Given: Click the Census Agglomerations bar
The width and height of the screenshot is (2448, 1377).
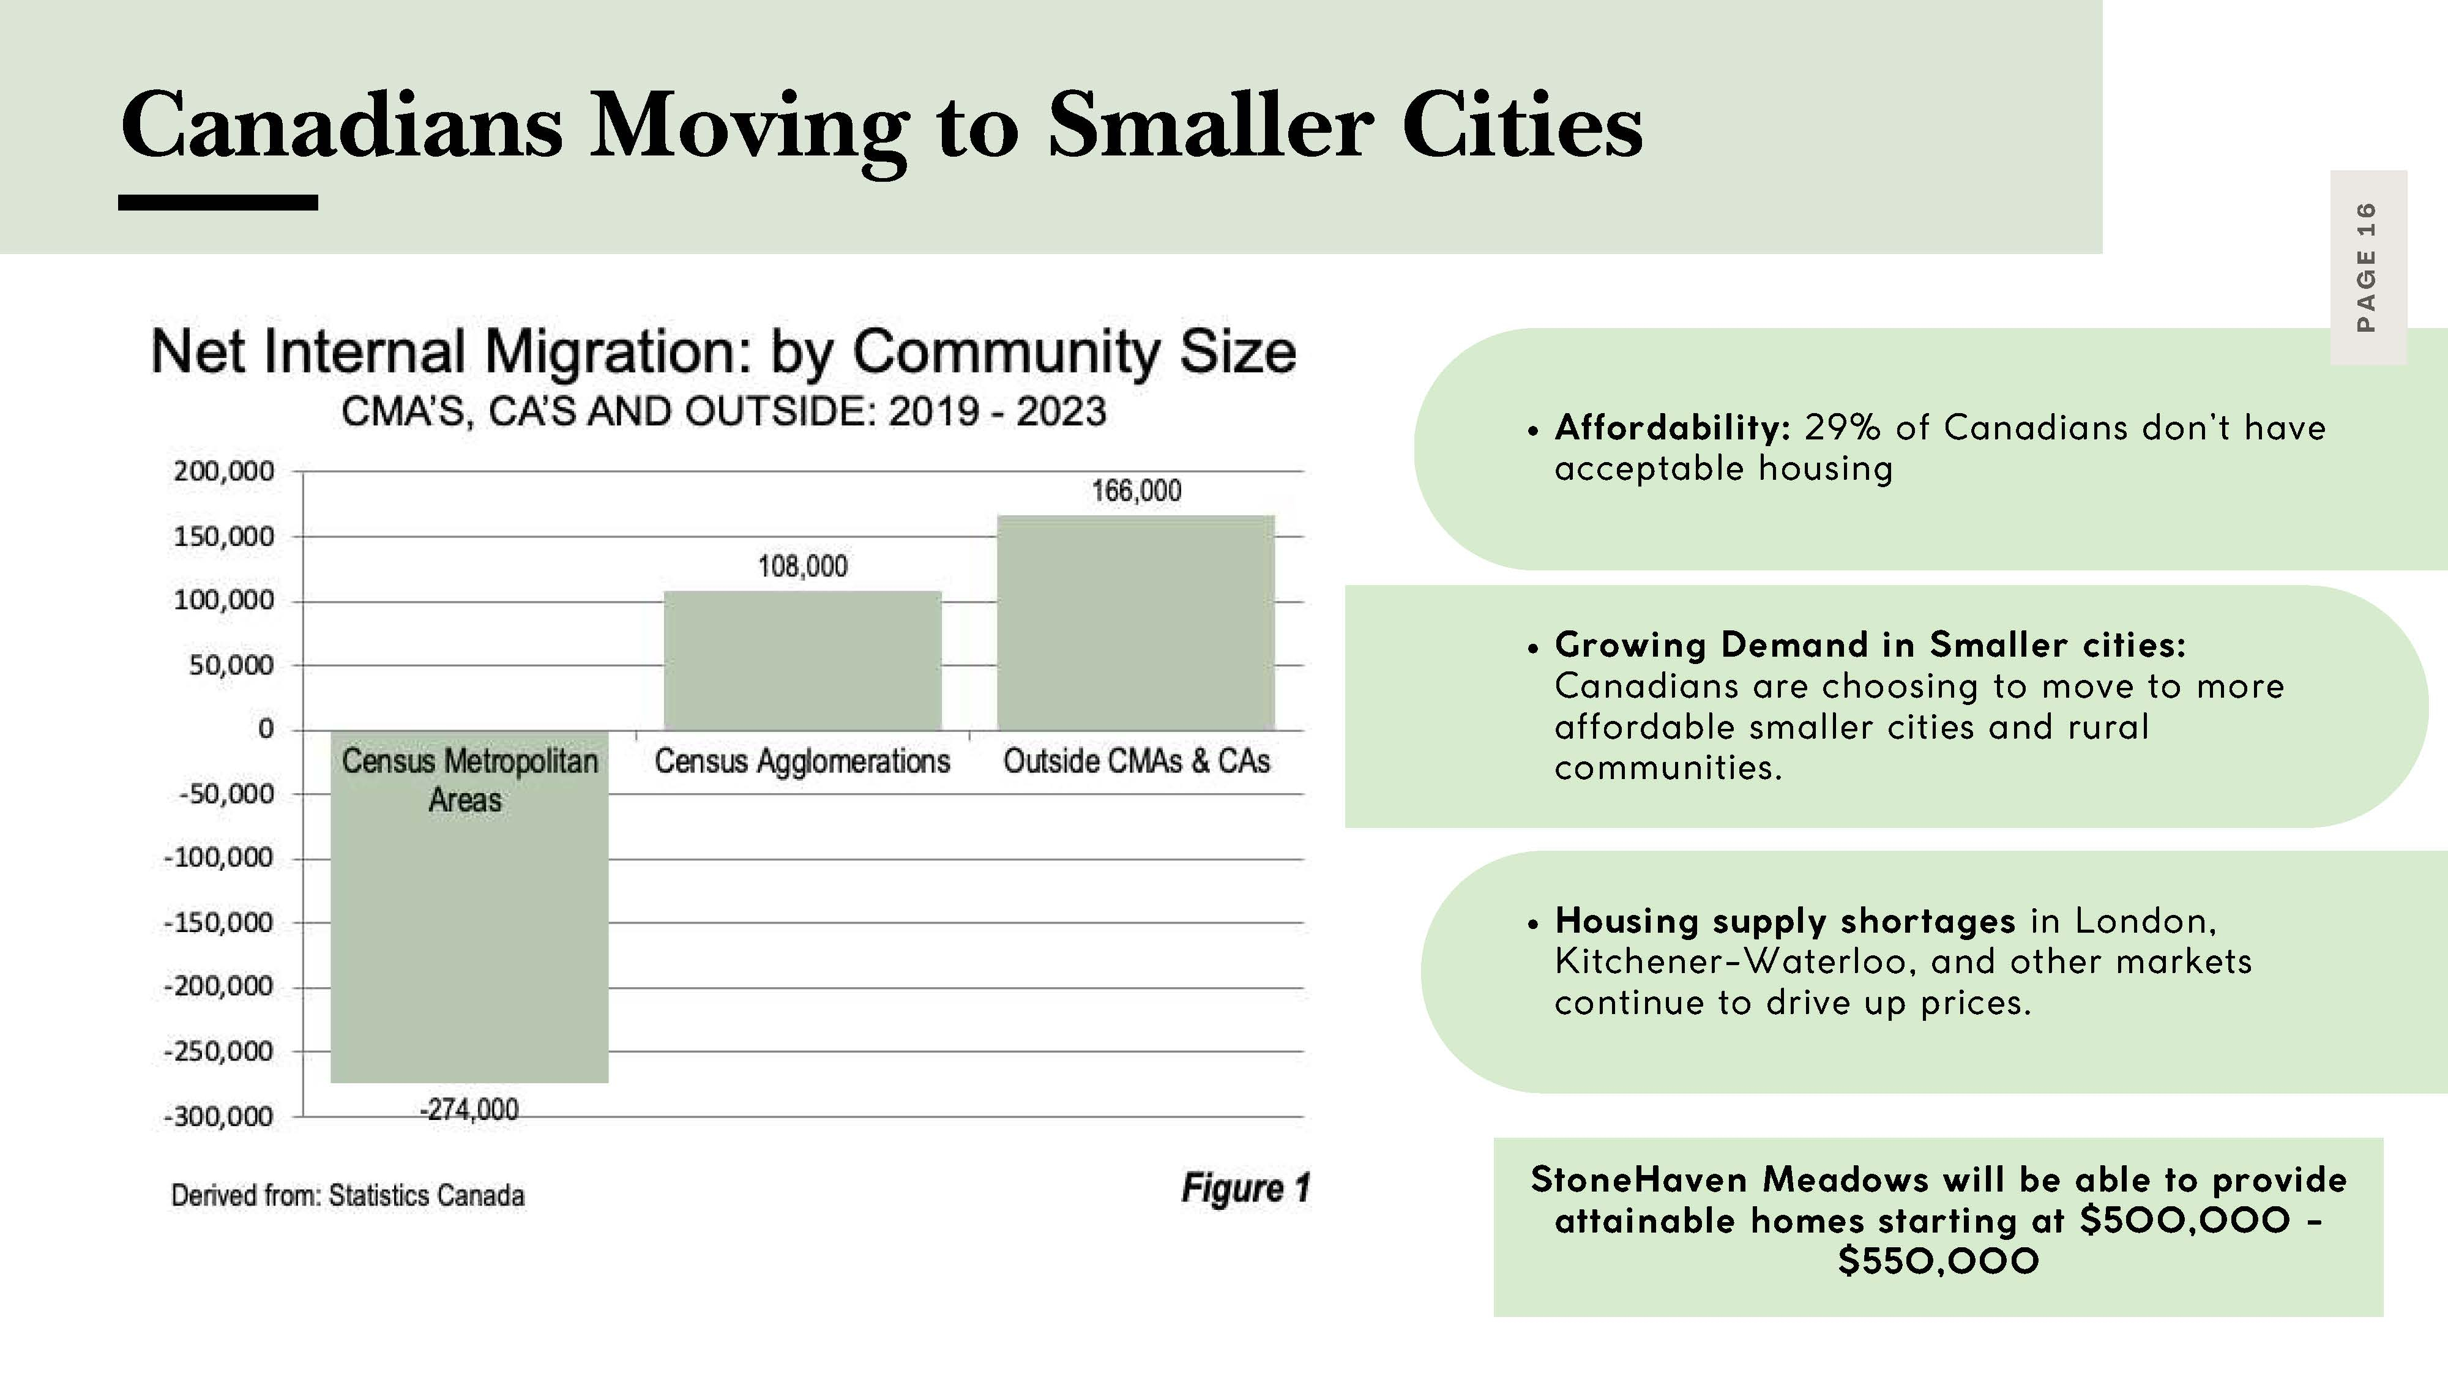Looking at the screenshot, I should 802,660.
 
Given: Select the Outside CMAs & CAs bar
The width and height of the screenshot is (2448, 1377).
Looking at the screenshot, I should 1136,622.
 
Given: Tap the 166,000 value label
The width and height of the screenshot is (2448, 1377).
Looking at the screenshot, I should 1136,491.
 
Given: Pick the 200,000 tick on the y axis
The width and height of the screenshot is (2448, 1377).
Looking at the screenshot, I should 223,471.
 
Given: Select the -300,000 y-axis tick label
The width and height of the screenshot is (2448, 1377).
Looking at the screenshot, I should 218,1117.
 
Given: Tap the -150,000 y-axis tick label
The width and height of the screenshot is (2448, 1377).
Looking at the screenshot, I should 218,923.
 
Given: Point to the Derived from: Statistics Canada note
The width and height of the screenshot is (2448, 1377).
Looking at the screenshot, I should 348,1195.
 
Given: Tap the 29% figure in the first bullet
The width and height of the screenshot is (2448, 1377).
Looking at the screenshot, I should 1842,428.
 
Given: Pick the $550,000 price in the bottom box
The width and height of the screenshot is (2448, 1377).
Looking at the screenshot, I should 1939,1261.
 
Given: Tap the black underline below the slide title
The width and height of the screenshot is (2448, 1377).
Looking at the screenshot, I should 218,203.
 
